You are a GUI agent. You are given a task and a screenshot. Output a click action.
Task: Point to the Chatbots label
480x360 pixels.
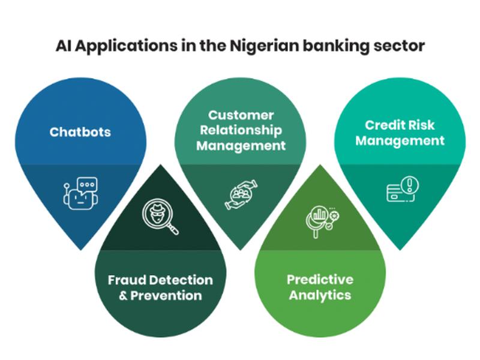pyautogui.click(x=80, y=132)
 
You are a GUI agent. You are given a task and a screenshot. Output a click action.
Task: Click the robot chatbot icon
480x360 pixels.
pyautogui.click(x=81, y=193)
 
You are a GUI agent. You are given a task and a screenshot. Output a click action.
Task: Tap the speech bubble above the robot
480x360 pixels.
pyautogui.click(x=88, y=185)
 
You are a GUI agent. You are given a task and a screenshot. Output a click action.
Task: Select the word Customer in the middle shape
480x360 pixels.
pyautogui.click(x=241, y=115)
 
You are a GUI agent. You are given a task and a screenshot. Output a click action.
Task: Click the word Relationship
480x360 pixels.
pyautogui.click(x=241, y=130)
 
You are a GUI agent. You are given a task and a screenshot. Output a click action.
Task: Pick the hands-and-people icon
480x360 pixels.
pyautogui.click(x=241, y=194)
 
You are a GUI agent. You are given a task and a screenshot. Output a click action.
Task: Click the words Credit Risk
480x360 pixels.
pyautogui.click(x=400, y=125)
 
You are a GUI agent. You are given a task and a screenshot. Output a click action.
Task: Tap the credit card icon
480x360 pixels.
pyautogui.click(x=398, y=193)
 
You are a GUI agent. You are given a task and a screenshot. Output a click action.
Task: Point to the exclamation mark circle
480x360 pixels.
pyautogui.click(x=410, y=185)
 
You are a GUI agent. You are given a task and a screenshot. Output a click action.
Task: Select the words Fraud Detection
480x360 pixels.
pyautogui.click(x=160, y=280)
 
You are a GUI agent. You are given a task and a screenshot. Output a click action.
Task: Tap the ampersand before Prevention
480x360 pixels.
pyautogui.click(x=123, y=296)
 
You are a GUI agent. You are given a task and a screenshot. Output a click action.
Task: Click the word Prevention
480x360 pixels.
pyautogui.click(x=166, y=296)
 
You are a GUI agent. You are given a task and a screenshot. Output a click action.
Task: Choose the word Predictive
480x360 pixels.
pyautogui.click(x=320, y=280)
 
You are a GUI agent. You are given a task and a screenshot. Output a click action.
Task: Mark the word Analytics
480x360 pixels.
pyautogui.click(x=320, y=295)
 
